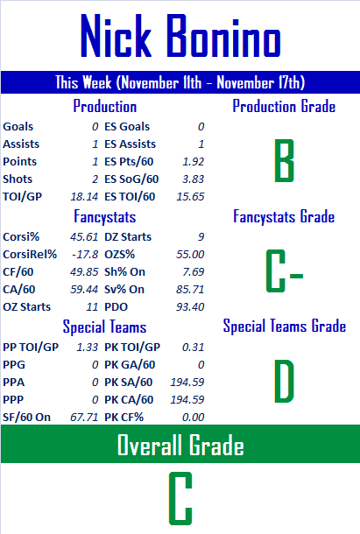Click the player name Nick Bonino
(180, 35)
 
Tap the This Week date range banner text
(180, 82)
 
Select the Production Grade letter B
(284, 160)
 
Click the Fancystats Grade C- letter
(285, 271)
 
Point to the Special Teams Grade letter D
(284, 381)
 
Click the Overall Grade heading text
(180, 445)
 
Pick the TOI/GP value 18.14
(84, 196)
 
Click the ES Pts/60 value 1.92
(193, 161)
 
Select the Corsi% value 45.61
(84, 236)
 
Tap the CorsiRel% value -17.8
(85, 255)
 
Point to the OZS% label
(119, 255)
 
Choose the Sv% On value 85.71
(190, 290)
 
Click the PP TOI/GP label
(31, 347)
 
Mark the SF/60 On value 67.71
(84, 418)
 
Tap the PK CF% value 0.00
(193, 418)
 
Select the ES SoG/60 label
(131, 179)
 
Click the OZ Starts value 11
(92, 307)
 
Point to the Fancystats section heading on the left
(105, 216)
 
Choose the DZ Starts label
(128, 236)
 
